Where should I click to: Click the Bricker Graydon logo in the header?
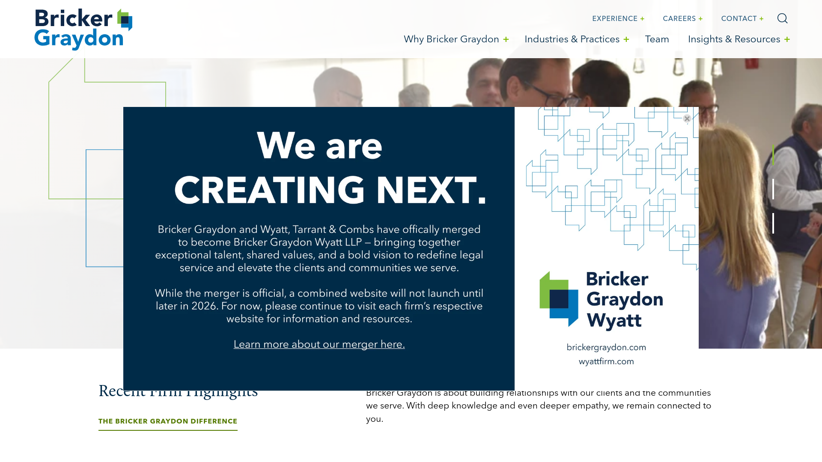[83, 29]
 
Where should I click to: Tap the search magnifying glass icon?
[782, 18]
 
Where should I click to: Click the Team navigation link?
[657, 39]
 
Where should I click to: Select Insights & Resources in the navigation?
[734, 39]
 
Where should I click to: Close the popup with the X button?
[687, 118]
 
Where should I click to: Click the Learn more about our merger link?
[319, 344]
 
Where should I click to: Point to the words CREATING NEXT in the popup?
[330, 190]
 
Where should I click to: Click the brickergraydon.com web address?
[606, 347]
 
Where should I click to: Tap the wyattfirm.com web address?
[606, 361]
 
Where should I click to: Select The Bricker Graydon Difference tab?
[168, 421]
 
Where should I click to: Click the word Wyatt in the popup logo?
[614, 320]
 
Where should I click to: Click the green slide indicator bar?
[773, 155]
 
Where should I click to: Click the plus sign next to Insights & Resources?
[787, 39]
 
